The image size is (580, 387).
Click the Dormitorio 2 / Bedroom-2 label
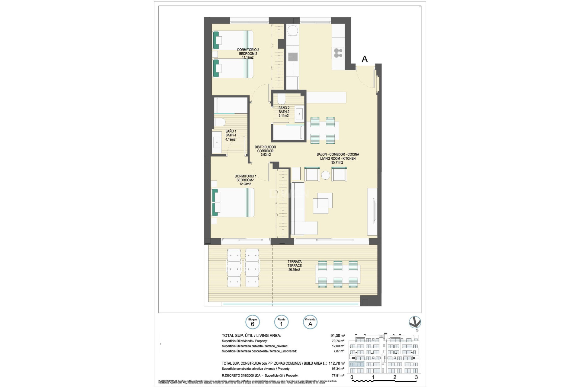click(248, 52)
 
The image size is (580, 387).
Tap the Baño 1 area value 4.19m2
click(230, 139)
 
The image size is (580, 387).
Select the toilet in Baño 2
click(281, 99)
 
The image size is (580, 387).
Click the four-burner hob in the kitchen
click(338, 53)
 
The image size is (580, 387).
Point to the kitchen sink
click(292, 57)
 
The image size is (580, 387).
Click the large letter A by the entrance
click(365, 59)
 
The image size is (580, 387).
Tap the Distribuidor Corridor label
click(265, 149)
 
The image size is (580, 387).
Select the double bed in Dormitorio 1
click(233, 202)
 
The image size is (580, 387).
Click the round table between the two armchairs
click(326, 175)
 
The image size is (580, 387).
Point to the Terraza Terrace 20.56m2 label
click(294, 266)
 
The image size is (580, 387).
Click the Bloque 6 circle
click(253, 322)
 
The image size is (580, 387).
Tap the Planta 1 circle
click(281, 322)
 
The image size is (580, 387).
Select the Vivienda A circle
click(310, 322)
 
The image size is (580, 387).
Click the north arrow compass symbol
click(415, 323)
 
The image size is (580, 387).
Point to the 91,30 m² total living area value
click(337, 335)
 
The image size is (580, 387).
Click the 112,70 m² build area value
click(337, 363)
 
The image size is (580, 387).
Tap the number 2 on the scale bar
click(395, 377)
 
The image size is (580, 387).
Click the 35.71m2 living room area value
click(337, 162)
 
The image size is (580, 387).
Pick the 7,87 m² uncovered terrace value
click(340, 351)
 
